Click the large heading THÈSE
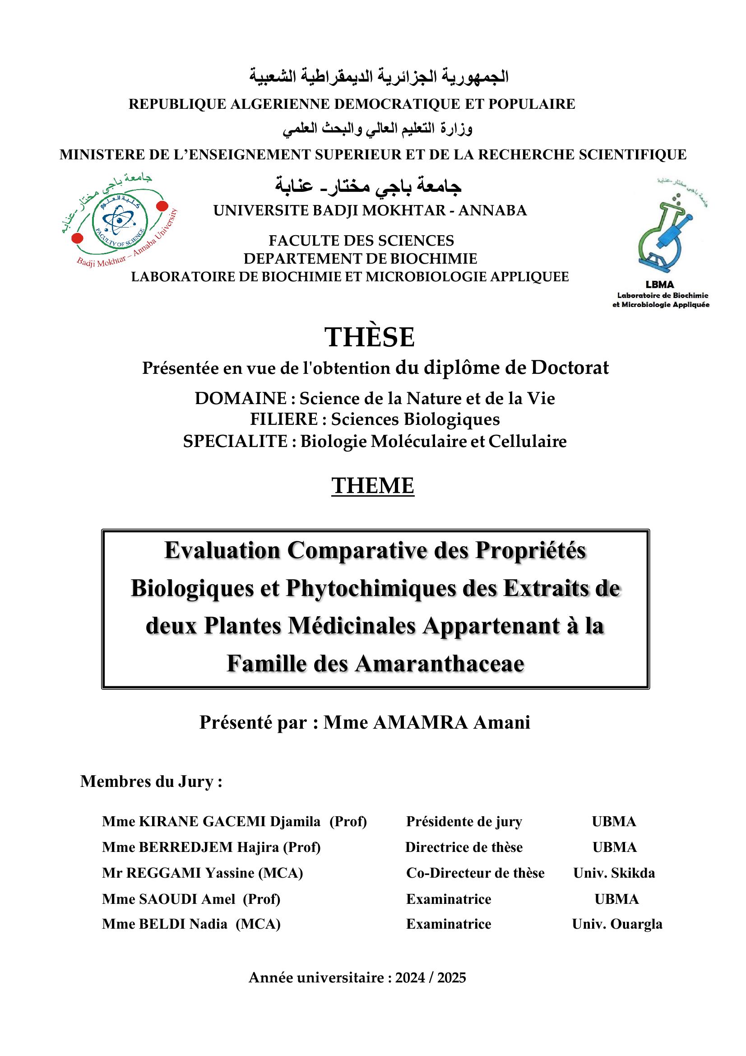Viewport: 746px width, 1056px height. coord(370,337)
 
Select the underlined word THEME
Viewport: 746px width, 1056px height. coord(372,486)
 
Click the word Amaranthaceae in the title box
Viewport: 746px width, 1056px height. coord(439,664)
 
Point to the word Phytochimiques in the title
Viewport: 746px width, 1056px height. coord(371,588)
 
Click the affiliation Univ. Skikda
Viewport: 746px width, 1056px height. coord(614,873)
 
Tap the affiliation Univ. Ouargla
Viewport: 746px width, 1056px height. coord(617,924)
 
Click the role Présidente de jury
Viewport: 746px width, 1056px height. coord(464,821)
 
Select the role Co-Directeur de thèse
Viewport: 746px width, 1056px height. coord(475,873)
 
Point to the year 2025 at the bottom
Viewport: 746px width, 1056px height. coord(451,978)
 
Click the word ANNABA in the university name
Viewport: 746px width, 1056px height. coord(492,210)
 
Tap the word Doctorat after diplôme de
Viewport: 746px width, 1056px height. coord(570,368)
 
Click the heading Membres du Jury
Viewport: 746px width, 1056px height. coord(151,782)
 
